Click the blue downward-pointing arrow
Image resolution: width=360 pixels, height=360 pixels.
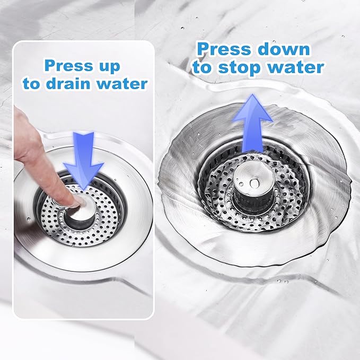(x=84, y=159)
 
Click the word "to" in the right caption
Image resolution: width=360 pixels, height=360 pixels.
(x=203, y=67)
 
